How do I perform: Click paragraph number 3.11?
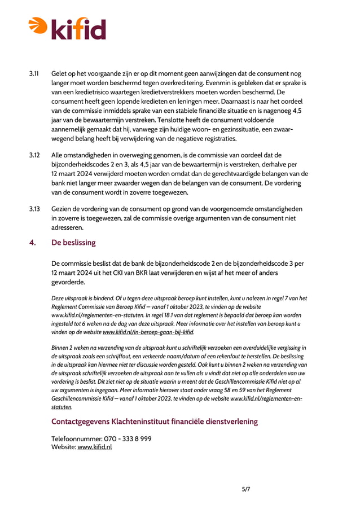34,73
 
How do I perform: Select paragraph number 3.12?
34,155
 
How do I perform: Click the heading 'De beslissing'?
73,243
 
